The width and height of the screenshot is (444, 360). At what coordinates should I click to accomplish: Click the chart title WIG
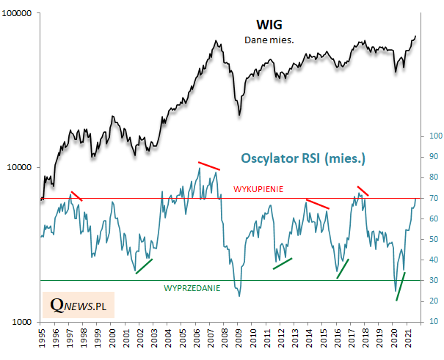tap(269, 25)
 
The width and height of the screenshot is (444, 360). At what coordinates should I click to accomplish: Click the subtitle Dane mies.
tap(269, 40)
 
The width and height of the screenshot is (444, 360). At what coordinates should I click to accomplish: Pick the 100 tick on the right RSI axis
tap(434, 136)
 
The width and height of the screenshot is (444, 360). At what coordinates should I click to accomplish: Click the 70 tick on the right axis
tap(432, 199)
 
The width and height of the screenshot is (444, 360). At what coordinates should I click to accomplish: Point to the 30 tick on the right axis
tap(432, 281)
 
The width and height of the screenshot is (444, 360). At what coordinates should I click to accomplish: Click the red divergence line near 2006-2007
tap(209, 166)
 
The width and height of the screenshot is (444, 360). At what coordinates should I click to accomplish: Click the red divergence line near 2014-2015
tap(318, 204)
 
